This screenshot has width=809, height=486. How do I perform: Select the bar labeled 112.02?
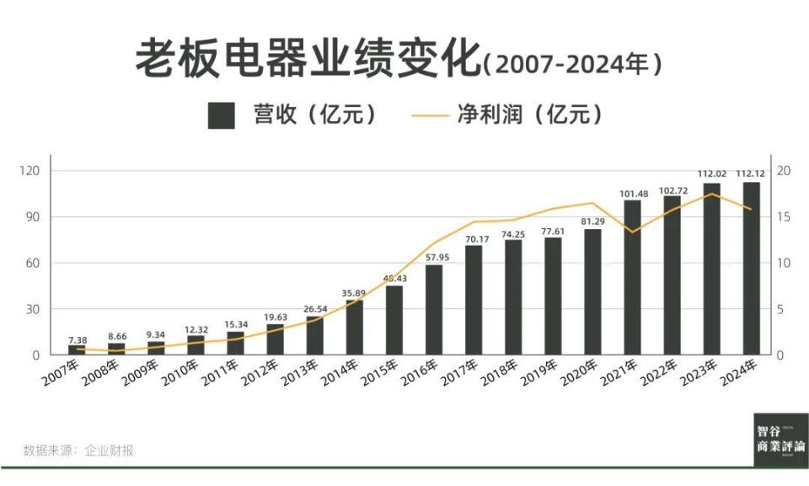[712, 269]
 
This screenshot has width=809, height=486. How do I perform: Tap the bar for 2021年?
[632, 277]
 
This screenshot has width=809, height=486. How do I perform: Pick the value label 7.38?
[77, 339]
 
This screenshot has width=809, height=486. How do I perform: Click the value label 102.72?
[672, 190]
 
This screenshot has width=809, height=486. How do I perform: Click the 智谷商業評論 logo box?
[780, 439]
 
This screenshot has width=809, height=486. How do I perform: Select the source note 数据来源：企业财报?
[78, 450]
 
